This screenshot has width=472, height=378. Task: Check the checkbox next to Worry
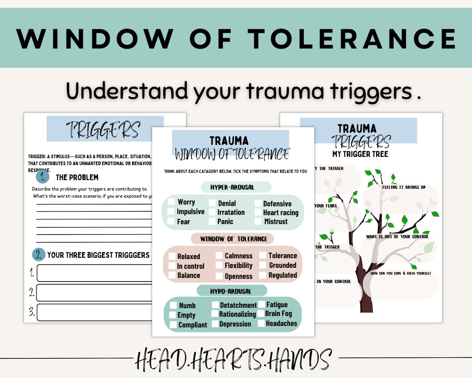pos(171,202)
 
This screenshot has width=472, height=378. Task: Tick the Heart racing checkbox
pos(258,212)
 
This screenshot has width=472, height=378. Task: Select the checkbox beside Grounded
pos(262,265)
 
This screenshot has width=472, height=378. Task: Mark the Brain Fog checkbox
pos(261,313)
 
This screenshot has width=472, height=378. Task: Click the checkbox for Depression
pos(215,324)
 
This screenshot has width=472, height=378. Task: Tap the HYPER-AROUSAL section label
pos(232,187)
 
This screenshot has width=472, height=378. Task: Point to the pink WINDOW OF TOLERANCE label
pos(234,239)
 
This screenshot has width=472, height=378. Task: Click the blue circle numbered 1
pos(43,177)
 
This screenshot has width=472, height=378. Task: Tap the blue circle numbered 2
pos(39,254)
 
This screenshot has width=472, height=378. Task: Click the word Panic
pos(225,221)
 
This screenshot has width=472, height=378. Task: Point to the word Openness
pos(238,276)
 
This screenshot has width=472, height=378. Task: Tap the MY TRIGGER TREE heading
pos(360,154)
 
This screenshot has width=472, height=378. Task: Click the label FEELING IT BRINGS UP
pos(404,187)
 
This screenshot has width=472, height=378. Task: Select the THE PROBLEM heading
pos(77,177)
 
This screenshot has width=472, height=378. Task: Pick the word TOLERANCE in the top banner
pos(352,39)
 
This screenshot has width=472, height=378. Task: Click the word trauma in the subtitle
pos(285,91)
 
